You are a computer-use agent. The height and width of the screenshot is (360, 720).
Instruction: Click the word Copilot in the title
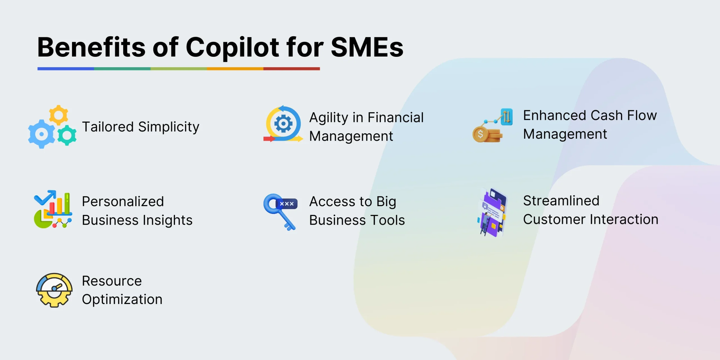232,48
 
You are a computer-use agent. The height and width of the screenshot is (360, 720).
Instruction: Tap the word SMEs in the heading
367,47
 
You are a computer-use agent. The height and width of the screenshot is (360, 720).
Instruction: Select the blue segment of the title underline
66,69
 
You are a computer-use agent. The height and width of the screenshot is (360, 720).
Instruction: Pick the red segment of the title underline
292,69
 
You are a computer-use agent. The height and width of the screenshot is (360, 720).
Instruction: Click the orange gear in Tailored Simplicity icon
58,115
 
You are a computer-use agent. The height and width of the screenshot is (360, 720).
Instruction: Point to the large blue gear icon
42,134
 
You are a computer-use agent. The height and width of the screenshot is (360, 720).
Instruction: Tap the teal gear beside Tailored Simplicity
67,135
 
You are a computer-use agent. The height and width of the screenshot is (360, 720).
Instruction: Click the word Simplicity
169,127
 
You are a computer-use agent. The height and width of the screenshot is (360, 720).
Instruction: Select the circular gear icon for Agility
283,124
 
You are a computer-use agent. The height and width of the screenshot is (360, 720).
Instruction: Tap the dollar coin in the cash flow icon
480,134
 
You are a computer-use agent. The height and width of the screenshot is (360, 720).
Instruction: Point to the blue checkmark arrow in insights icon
45,197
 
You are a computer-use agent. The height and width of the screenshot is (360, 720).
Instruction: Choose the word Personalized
123,202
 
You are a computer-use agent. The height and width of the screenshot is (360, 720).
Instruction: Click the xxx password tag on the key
287,204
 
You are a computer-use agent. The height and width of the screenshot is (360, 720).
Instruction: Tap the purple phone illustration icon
493,213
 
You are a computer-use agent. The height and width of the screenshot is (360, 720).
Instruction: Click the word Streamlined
561,201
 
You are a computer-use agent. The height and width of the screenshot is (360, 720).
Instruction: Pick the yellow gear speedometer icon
54,290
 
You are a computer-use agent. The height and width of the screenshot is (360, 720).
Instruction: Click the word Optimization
122,300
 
